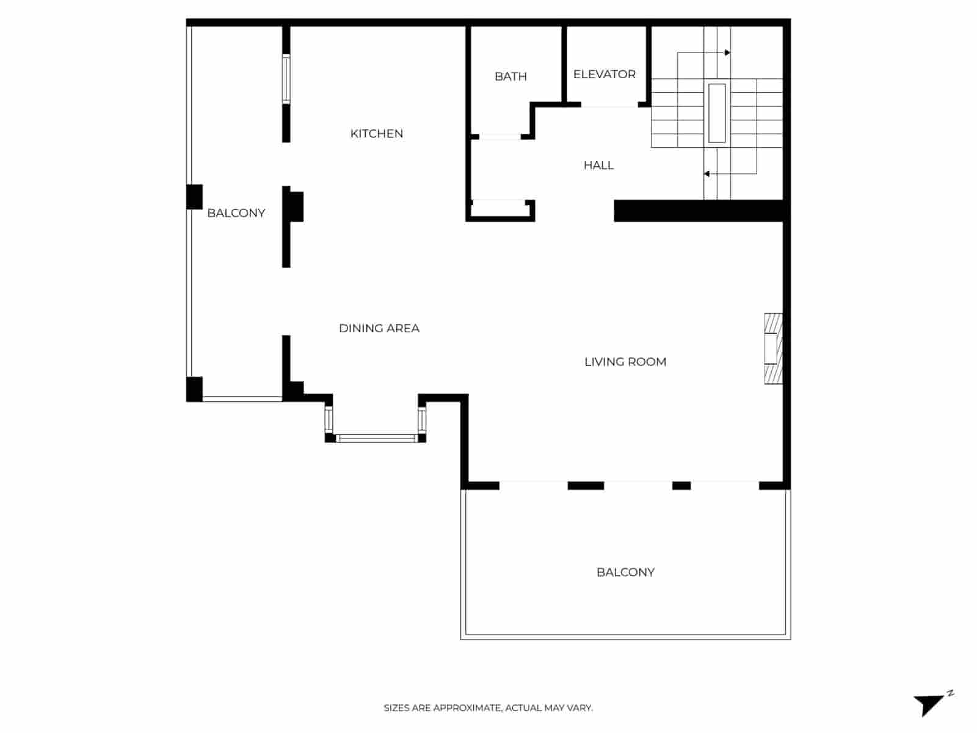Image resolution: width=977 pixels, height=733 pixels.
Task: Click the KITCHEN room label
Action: coord(376,134)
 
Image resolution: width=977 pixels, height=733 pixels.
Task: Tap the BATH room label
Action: coord(510,76)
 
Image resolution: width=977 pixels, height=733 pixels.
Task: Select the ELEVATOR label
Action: coord(604,74)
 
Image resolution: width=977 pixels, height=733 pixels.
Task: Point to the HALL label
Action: coord(598,165)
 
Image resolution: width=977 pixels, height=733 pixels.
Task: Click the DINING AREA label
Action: coord(379,328)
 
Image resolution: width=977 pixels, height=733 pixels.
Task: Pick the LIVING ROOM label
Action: coord(625,362)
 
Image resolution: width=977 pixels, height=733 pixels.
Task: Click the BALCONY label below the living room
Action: coord(625,572)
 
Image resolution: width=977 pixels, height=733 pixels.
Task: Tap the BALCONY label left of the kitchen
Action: coord(236,213)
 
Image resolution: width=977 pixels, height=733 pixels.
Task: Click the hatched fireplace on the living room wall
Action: coord(773,349)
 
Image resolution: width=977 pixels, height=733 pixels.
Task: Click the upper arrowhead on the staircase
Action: coord(727,53)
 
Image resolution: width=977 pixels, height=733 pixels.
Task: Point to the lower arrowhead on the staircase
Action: coord(706,174)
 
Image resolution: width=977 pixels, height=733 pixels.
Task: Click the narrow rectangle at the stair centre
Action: coord(717,113)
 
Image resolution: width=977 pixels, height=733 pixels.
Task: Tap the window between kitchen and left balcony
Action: coord(286,79)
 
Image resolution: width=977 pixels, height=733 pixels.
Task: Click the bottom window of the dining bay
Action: coord(376,438)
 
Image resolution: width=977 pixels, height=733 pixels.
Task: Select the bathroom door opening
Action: coord(499,137)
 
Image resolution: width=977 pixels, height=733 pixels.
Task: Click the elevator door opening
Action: coord(609,105)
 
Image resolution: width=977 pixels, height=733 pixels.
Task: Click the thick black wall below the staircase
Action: coord(699,211)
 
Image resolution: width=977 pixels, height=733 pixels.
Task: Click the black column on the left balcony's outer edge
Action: coord(194,197)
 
